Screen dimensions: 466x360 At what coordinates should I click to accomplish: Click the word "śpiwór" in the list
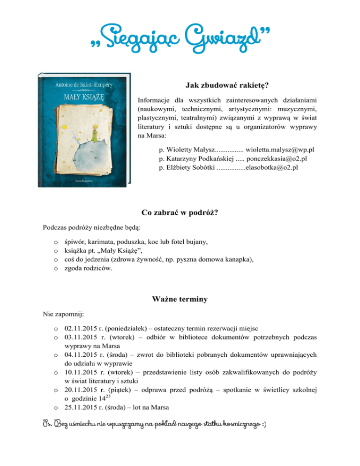(75, 242)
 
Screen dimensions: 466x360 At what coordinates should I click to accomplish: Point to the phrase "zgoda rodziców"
(88, 269)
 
